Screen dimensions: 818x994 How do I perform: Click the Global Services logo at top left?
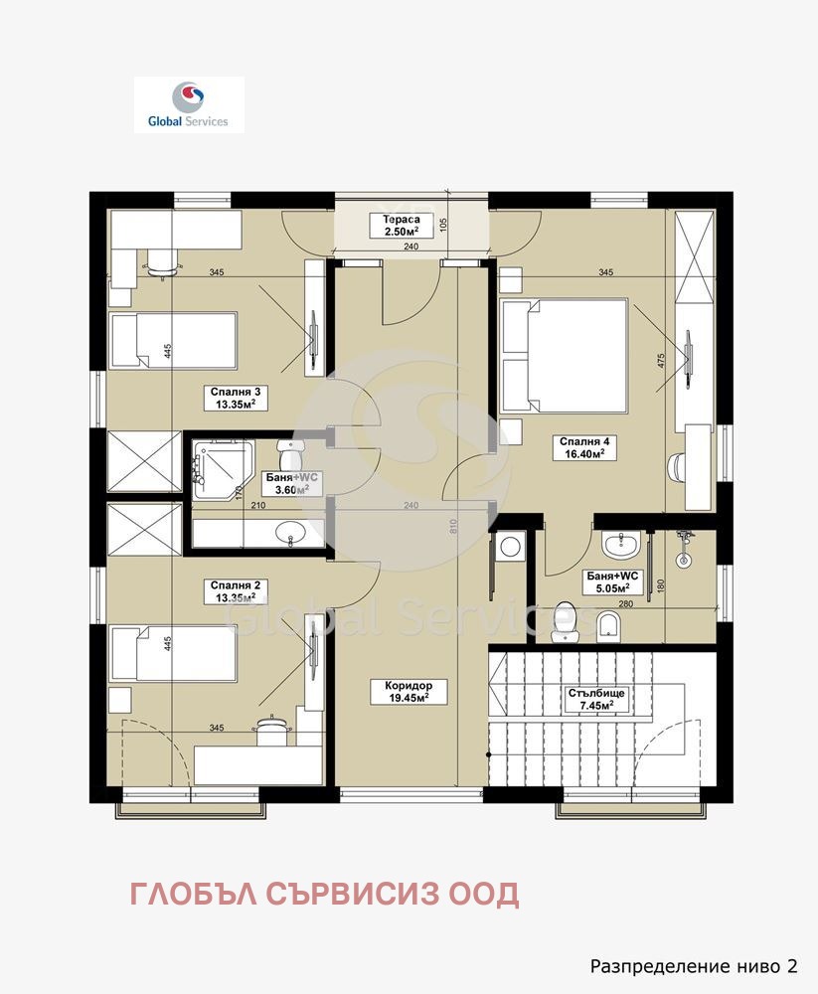pos(189,104)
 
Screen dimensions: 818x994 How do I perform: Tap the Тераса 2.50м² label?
pos(402,226)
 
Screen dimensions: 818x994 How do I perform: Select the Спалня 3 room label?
pos(236,399)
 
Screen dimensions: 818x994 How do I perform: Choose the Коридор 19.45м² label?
pos(409,692)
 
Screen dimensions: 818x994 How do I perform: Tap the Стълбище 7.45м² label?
pos(596,700)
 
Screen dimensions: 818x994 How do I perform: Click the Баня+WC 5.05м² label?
pos(612,581)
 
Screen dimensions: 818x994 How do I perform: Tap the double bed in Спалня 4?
pos(564,357)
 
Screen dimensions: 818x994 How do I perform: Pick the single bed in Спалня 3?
pos(174,340)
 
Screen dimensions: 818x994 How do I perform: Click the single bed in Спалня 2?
pos(174,654)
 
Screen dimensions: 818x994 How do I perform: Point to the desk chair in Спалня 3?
pos(161,263)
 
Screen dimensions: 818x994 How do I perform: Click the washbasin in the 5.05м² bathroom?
pos(623,545)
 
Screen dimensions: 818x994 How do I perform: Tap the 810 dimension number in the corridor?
pos(453,526)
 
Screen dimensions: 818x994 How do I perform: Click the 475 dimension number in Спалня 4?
pos(661,362)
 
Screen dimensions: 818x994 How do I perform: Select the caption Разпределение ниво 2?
pos(694,966)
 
